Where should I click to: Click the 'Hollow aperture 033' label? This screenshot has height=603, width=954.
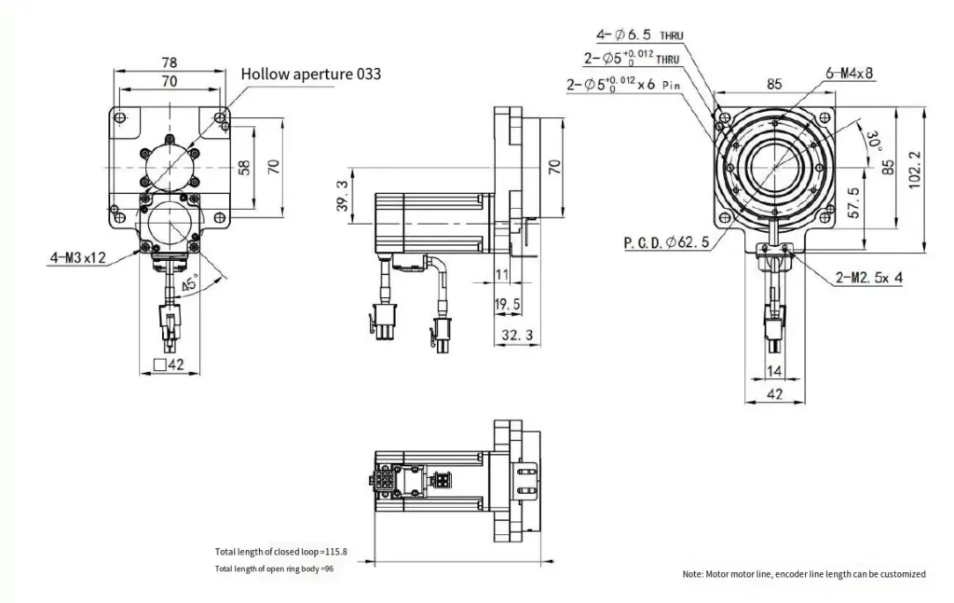pos(311,75)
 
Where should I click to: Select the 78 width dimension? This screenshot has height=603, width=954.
pos(169,62)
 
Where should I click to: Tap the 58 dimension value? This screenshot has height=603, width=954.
pos(244,168)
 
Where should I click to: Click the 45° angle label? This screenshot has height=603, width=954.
pos(190,285)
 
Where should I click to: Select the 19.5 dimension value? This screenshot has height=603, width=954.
pos(508,305)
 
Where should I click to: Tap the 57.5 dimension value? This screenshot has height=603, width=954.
pos(852,203)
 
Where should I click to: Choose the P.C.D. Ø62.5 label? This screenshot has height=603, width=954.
pos(666,242)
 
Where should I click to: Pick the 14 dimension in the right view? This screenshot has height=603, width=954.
pos(774,371)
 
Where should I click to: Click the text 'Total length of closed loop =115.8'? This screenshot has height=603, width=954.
pos(280,552)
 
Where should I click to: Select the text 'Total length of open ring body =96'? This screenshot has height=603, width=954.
pos(274,569)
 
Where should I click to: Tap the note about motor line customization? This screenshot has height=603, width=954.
pos(804,574)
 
